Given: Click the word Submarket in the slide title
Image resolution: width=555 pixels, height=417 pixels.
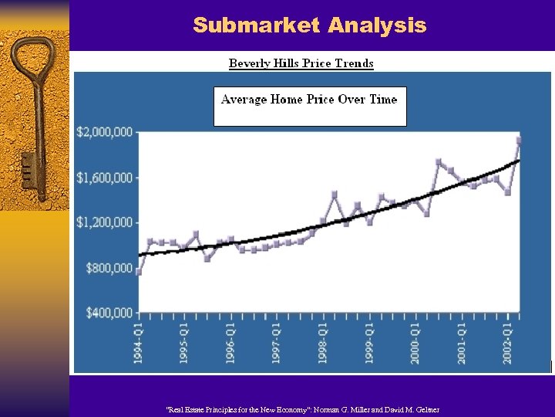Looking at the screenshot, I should [256, 25].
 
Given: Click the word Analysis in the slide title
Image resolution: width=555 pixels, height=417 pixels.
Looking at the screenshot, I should [376, 25].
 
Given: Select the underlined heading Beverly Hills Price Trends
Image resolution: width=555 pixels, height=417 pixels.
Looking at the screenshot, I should [301, 63].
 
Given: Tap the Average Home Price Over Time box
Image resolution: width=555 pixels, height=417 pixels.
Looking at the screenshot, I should [309, 106].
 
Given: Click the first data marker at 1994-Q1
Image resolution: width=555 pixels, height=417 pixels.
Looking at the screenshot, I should [139, 272].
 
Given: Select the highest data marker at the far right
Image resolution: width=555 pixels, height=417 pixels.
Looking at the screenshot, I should [519, 141].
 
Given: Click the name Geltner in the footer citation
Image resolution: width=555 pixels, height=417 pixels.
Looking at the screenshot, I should [425, 409].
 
